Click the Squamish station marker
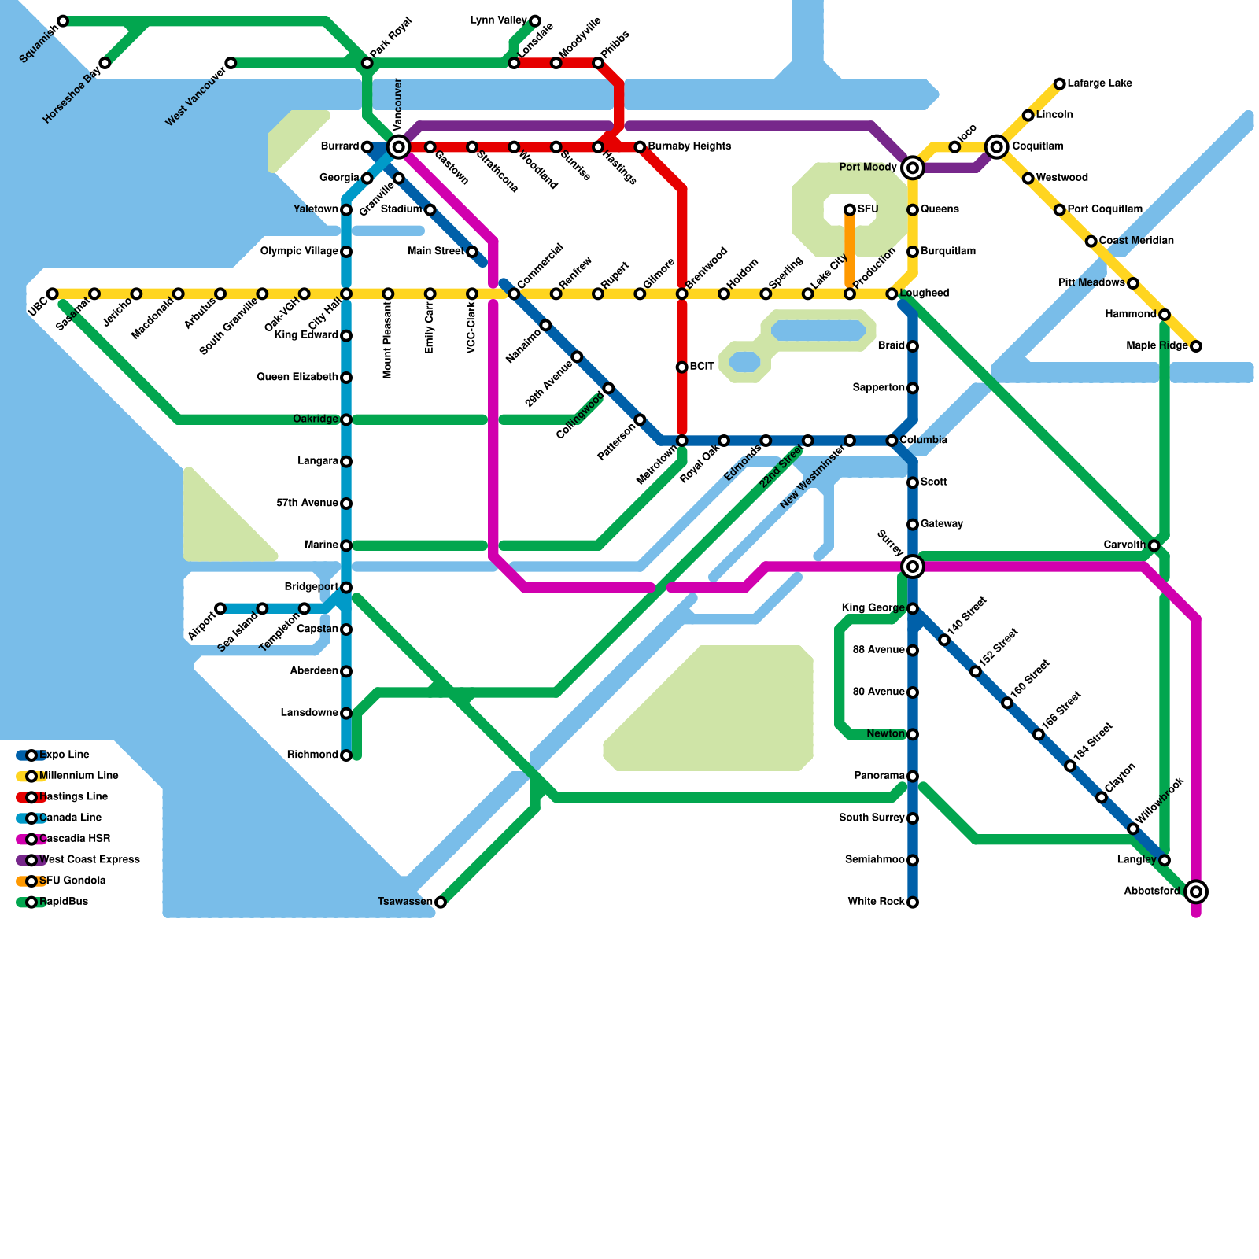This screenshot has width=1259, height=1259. point(63,20)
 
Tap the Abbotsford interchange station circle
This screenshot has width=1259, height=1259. point(1196,892)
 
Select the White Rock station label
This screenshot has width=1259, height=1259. point(876,902)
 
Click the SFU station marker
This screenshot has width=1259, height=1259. point(850,209)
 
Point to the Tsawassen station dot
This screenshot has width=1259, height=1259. point(441,902)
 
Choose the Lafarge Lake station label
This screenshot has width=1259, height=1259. point(1099,83)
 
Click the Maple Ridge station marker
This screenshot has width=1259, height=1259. point(1196,346)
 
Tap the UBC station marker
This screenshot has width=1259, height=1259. point(53,294)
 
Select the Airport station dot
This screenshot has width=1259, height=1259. point(220,608)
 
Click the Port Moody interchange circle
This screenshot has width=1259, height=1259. point(913,168)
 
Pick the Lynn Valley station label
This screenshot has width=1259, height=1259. point(498,20)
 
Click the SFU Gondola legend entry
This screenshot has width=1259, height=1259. point(72,881)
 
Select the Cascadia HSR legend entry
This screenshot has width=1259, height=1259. point(75,839)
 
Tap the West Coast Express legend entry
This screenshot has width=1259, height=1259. point(89,859)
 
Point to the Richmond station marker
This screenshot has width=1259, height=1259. point(346,755)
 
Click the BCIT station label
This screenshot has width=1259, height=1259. point(702,367)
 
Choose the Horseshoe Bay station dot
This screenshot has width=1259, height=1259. point(105,63)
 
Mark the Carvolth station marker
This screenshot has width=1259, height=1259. point(1154,545)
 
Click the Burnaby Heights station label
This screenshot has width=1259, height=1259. point(689,146)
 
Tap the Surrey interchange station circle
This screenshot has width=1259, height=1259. point(913,566)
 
